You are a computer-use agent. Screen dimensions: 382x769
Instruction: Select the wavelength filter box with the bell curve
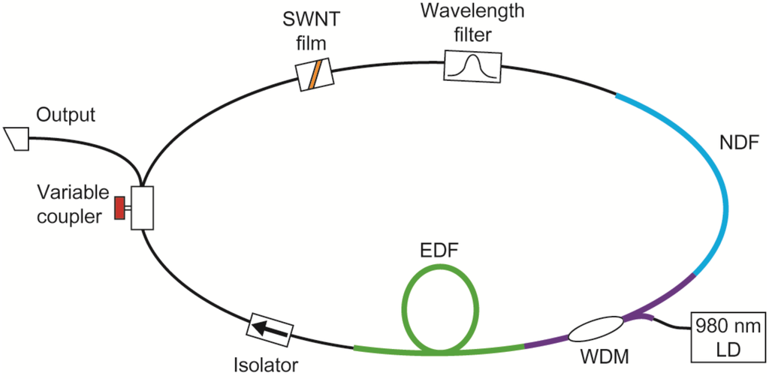tap(473, 66)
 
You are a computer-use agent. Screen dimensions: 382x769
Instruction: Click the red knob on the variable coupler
tap(119, 208)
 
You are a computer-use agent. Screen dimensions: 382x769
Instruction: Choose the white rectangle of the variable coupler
tap(142, 208)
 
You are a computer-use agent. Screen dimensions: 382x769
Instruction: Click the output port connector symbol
tap(16, 137)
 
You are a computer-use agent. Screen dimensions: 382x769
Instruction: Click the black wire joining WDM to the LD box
tap(668, 327)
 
